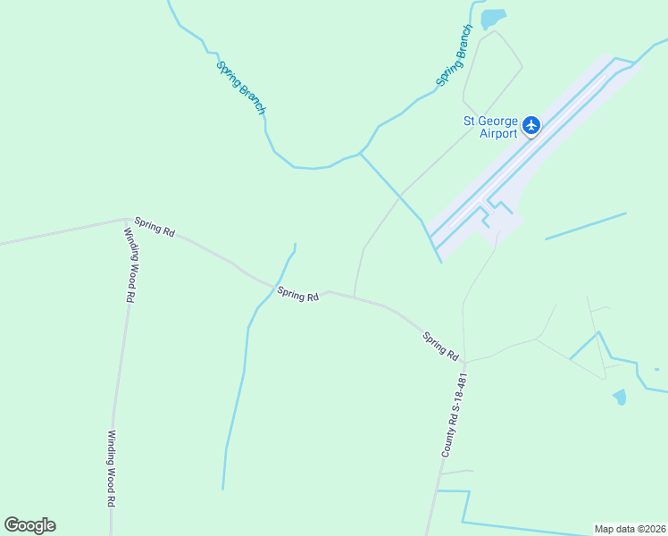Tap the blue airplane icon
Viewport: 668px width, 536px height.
tap(532, 125)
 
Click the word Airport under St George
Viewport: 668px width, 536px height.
tap(498, 134)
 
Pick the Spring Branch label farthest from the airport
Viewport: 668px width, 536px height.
tap(241, 86)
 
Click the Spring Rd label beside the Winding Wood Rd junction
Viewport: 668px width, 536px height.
tap(154, 226)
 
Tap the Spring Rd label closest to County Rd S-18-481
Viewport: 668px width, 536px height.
tap(440, 343)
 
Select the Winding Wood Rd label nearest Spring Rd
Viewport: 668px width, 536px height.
tap(130, 264)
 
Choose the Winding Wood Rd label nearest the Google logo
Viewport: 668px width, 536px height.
tap(112, 469)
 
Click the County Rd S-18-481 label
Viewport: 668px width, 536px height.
tap(455, 415)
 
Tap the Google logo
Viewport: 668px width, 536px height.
tap(29, 525)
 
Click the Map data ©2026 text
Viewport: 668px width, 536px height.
tap(630, 529)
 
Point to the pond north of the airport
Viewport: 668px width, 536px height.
tap(492, 18)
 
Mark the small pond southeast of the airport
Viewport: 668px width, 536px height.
tap(620, 397)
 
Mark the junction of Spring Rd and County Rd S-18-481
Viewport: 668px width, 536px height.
tap(463, 361)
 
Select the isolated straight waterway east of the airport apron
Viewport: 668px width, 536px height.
tap(586, 226)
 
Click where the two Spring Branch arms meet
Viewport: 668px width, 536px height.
tap(361, 154)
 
